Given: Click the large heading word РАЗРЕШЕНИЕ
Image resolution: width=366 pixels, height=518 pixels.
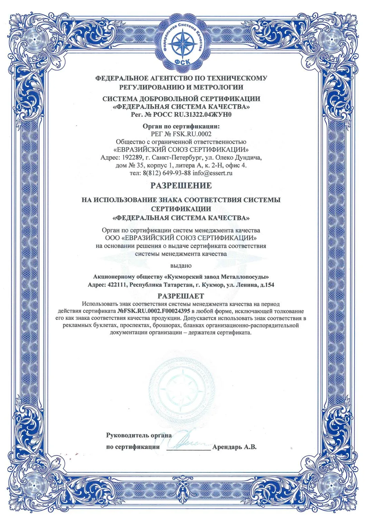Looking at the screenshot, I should [181, 185].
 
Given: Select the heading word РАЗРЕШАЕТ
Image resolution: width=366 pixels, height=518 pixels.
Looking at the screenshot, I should [181, 296].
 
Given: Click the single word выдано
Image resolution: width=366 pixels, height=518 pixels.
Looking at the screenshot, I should [181, 266].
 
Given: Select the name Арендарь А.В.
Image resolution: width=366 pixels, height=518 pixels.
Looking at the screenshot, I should [234, 447].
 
